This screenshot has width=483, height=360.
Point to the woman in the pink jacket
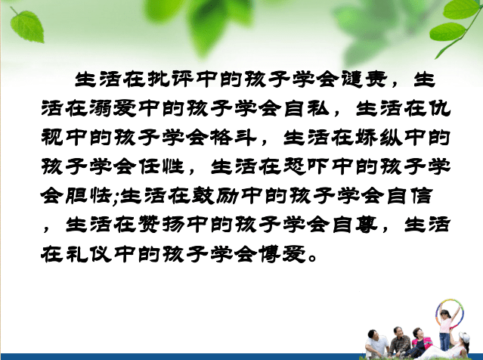pyautogui.click(x=420, y=340)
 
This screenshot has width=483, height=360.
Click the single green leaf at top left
pyautogui.click(x=26, y=26)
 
